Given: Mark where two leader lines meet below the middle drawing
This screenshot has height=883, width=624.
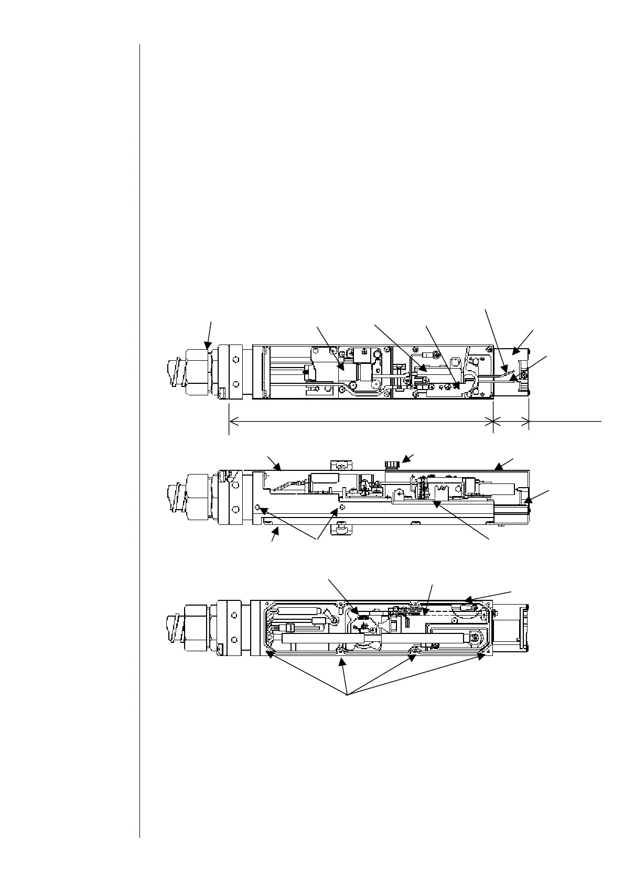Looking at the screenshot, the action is [317, 539].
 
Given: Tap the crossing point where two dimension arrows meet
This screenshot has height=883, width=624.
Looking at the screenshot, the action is [493, 420].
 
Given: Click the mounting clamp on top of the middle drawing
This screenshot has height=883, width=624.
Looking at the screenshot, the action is [341, 465].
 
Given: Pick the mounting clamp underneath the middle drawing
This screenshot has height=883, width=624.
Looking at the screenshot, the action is [341, 530].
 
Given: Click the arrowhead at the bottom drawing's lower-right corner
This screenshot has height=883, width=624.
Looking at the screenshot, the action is [482, 653].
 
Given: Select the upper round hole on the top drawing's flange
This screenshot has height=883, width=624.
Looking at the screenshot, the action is [236, 360].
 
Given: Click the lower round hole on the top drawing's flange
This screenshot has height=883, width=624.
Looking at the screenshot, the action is [236, 383].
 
